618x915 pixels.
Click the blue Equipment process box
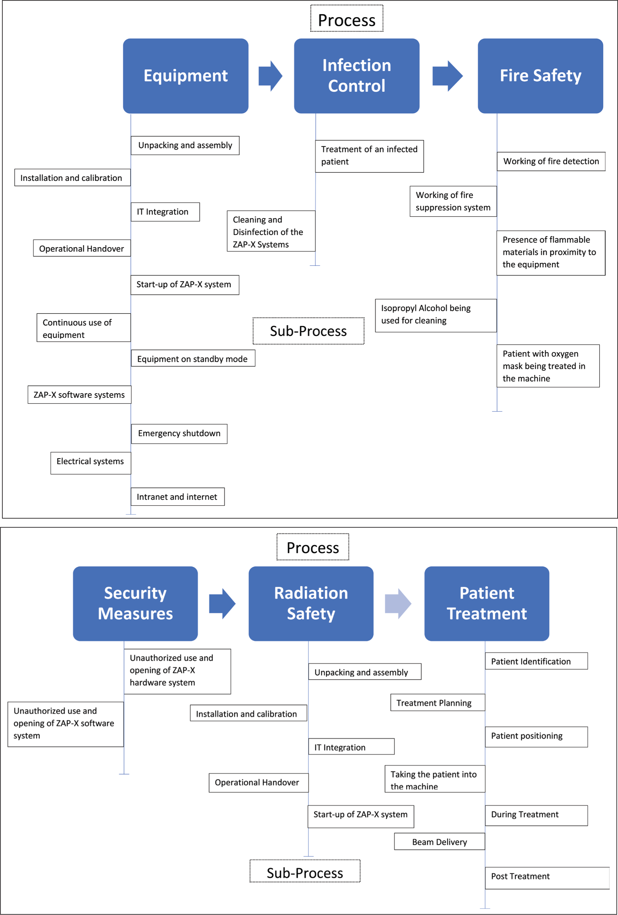pyautogui.click(x=186, y=76)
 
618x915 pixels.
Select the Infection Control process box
pyautogui.click(x=357, y=76)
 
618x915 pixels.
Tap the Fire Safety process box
pyautogui.click(x=541, y=76)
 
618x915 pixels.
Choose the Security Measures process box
pyautogui.click(x=135, y=604)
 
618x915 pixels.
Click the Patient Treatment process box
pyautogui.click(x=487, y=604)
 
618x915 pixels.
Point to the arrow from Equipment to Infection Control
pyautogui.click(x=271, y=76)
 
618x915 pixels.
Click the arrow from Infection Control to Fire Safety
pyautogui.click(x=448, y=76)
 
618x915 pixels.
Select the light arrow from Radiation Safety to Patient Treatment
pyautogui.click(x=398, y=604)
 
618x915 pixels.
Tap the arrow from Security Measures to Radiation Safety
pyautogui.click(x=222, y=604)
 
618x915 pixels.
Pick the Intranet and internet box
pyautogui.click(x=178, y=497)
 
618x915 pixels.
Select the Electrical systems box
pyautogui.click(x=91, y=463)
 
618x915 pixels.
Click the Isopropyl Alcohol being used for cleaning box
pyautogui.click(x=436, y=316)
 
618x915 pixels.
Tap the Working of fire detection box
pyautogui.click(x=551, y=161)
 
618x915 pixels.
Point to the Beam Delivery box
pyautogui.click(x=439, y=841)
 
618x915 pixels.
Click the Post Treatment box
pyautogui.click(x=547, y=878)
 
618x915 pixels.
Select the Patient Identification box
pyautogui.click(x=537, y=661)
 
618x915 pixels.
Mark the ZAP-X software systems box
pyautogui.click(x=79, y=394)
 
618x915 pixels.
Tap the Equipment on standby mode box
pyautogui.click(x=193, y=358)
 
